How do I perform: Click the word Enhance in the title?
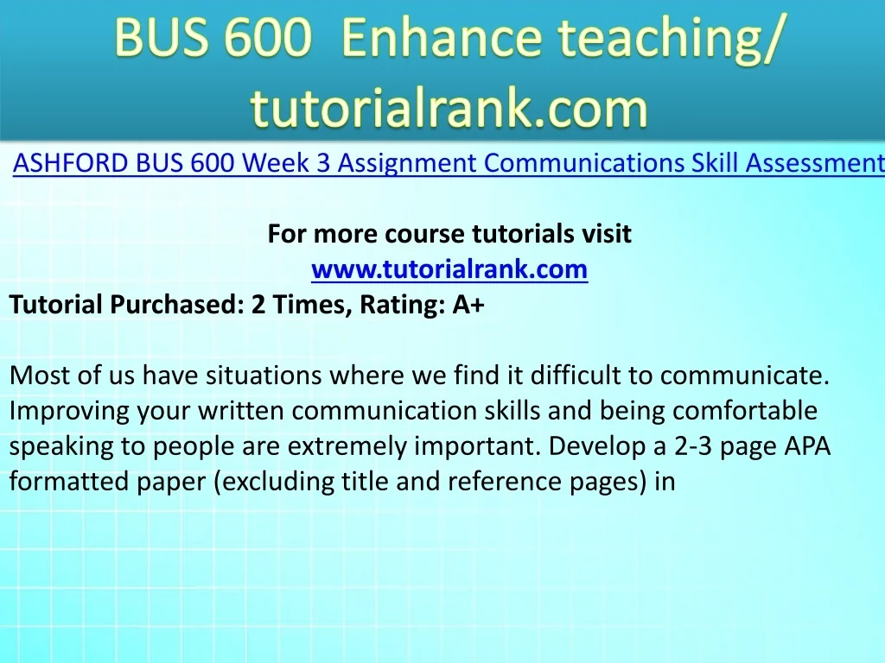click(x=441, y=36)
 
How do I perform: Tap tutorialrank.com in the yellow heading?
click(x=449, y=108)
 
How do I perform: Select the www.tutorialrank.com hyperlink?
click(x=449, y=269)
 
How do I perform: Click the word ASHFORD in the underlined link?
click(x=70, y=163)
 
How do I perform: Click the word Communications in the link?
click(x=584, y=163)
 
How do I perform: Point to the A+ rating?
click(x=468, y=305)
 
